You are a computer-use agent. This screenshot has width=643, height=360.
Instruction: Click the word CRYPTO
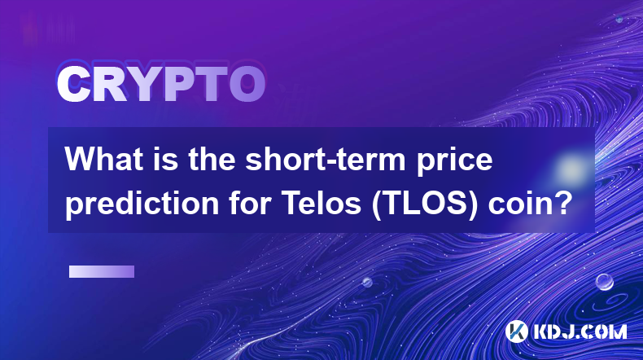pos(161,85)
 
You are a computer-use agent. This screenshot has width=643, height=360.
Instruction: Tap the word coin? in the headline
pos(530,204)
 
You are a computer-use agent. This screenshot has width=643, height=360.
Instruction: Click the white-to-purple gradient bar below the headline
pos(102,271)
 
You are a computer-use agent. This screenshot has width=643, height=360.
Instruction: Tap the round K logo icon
pos(516,331)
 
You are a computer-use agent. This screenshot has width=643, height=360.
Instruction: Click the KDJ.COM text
pos(580,331)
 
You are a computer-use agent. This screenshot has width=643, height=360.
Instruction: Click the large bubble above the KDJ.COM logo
pos(604,282)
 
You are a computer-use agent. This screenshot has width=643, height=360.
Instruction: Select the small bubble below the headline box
pos(367,282)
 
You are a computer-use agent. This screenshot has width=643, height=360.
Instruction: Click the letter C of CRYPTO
pos(73,85)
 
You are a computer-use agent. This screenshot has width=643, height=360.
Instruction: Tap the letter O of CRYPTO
pos(247,85)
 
